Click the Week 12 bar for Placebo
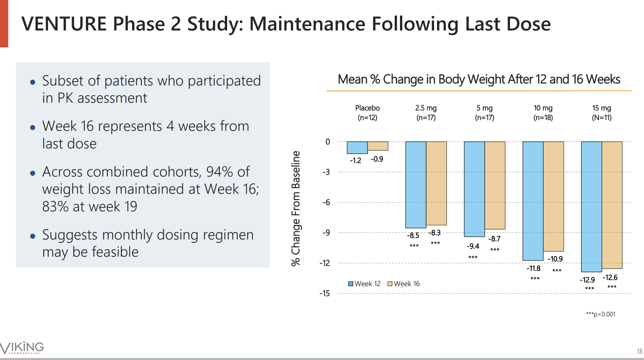[x=357, y=148]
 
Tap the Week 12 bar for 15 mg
[x=591, y=207]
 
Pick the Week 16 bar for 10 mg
[x=553, y=196]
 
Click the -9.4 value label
[x=473, y=246]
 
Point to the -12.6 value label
[x=610, y=278]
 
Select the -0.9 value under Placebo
[x=377, y=159]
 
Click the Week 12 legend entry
[x=364, y=284]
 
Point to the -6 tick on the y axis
[x=326, y=202]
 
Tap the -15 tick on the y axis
[x=324, y=293]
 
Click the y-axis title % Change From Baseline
[x=296, y=208]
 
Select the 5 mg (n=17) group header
[x=484, y=113]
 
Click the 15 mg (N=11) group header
[x=601, y=113]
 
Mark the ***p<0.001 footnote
[x=601, y=314]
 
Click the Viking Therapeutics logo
[x=22, y=347]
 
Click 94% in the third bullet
[x=219, y=172]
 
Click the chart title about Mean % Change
[x=479, y=79]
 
